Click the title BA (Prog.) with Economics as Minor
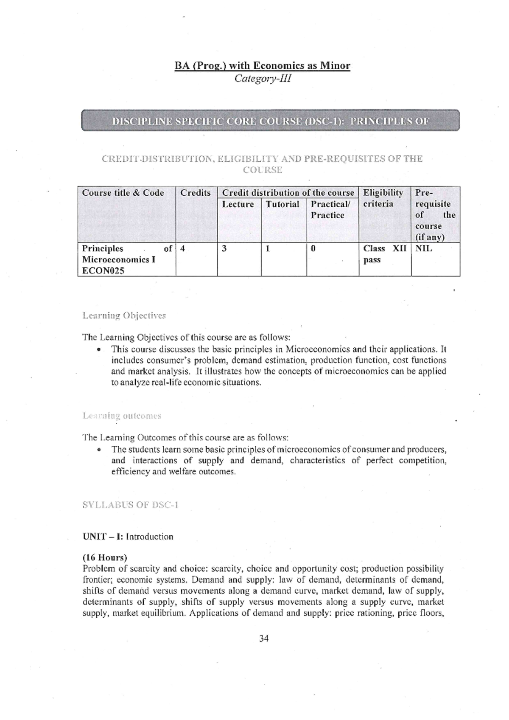point(263,66)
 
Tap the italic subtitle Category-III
point(263,79)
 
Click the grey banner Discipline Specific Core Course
point(270,121)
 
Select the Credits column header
point(195,193)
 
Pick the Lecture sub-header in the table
point(238,204)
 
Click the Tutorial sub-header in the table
point(282,204)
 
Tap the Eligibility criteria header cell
point(383,198)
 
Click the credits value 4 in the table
point(182,249)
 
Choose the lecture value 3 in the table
point(224,249)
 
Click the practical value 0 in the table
point(313,249)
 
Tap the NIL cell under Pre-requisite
point(424,249)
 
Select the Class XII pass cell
point(384,254)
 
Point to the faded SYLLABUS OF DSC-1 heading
point(130,505)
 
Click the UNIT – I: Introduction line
point(128,537)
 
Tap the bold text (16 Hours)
point(105,557)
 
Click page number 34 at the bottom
point(264,638)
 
